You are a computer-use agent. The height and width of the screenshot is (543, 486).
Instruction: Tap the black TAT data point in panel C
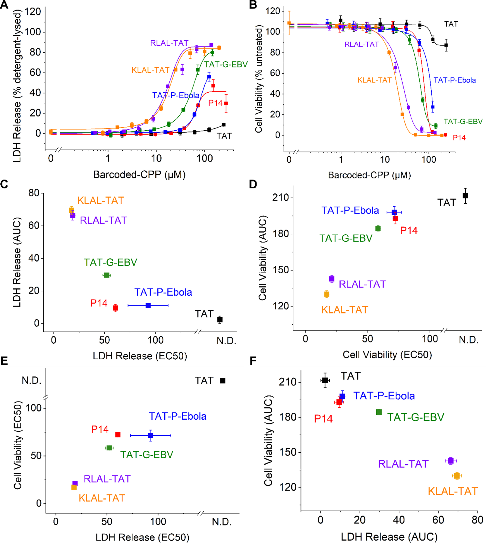220,320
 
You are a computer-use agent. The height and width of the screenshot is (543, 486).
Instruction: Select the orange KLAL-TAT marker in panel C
71,210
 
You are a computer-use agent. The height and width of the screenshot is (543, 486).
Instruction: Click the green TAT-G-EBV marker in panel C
106,275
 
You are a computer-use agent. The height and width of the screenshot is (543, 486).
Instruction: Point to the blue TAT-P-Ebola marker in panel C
148,306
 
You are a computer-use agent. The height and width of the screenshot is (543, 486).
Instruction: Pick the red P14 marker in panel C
115,308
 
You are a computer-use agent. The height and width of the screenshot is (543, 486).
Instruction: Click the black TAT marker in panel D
465,196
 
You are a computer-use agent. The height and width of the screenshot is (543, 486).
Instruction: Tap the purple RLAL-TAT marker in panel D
332,279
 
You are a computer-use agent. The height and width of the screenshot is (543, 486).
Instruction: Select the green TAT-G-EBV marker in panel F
379,412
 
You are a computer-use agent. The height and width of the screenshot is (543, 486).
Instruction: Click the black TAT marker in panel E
223,381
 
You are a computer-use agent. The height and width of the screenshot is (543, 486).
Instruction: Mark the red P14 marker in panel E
118,435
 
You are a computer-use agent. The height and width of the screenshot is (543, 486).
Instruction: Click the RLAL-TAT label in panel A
169,43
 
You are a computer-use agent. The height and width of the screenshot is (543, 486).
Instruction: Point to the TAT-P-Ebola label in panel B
455,80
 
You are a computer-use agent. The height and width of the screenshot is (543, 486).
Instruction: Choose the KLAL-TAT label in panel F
453,491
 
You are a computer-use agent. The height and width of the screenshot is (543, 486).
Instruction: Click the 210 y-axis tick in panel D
280,198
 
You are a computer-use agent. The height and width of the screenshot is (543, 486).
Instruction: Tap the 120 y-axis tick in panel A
33,12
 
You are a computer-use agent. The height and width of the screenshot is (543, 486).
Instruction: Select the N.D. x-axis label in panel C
226,341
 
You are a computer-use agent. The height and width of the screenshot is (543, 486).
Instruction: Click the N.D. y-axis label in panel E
32,380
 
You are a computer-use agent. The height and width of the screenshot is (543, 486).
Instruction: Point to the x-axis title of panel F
389,537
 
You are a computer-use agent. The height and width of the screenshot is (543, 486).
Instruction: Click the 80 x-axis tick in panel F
477,520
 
